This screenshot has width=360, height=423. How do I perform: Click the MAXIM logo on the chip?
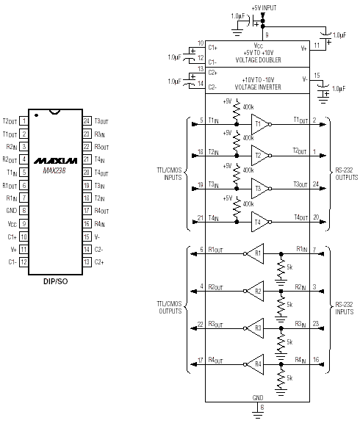pos(56,161)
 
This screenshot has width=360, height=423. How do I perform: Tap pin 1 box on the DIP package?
pos(24,121)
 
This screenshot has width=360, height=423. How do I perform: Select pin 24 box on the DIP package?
pos(87,121)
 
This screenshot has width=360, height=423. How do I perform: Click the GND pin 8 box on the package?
pos(24,211)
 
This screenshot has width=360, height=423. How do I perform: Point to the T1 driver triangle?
pos(260,124)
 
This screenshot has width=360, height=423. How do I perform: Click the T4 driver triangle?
pos(260,222)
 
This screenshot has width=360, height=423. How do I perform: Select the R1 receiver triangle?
pos(255,253)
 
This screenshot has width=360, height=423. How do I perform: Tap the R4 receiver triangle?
pos(255,364)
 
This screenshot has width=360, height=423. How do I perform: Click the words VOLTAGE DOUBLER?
pos(259,60)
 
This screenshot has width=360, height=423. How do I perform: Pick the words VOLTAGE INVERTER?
pos(258,87)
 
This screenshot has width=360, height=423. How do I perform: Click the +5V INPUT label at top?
pos(264,8)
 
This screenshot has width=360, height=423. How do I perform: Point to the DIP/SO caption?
pos(56,282)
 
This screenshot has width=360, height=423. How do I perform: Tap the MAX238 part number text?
pos(54,170)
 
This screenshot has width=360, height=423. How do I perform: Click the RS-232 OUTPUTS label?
pos(347,174)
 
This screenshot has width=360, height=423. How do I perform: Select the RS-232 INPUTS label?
pos(345,308)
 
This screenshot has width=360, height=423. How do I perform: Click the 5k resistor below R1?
pos(281,269)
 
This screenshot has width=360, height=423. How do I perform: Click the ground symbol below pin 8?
pos(258,415)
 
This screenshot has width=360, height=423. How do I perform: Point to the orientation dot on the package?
pos(37,115)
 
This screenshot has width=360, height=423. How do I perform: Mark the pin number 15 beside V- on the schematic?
pos(317,76)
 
